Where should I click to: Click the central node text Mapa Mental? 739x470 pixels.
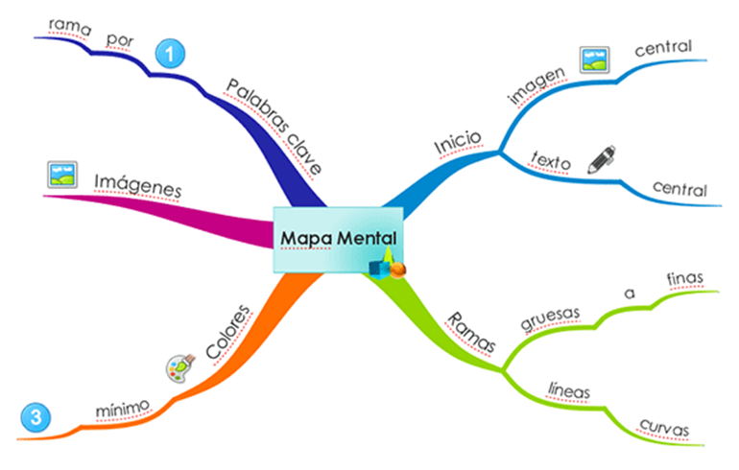(336, 237)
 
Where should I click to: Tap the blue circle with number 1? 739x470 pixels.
(169, 54)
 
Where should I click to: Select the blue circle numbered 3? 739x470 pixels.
(34, 417)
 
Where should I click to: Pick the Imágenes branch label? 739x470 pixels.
(137, 185)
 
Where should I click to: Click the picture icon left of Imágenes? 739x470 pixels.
(61, 174)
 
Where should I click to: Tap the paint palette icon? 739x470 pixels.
(180, 368)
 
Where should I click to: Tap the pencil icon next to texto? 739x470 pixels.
(601, 159)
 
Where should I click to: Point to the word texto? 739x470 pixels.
(551, 162)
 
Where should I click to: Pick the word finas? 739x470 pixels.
(685, 278)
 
